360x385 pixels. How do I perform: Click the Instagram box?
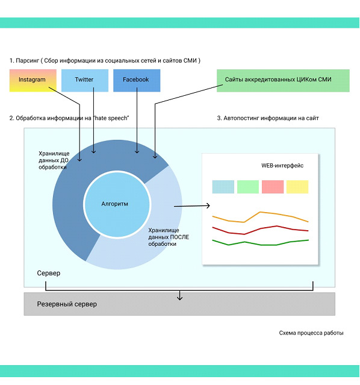[x=33, y=80]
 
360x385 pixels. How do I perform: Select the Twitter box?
[x=85, y=80]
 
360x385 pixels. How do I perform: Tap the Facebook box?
[x=137, y=80]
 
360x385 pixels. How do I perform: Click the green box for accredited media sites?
[x=283, y=81]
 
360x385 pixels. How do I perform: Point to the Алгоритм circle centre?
[x=117, y=204]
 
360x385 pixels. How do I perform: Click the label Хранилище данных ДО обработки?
[x=54, y=160]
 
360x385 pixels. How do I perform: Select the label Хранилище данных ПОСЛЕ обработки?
[x=169, y=237]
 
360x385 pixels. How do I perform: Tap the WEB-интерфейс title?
[x=282, y=166]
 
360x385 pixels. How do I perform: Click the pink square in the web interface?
[x=273, y=187]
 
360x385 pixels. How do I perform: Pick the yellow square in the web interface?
[x=297, y=187]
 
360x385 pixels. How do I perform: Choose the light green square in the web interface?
[x=248, y=187]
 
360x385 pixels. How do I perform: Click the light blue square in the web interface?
[x=223, y=187]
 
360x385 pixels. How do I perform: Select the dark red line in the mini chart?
[x=260, y=229]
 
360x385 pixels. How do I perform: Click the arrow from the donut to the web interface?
[x=192, y=206]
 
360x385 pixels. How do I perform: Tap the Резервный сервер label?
[x=67, y=304]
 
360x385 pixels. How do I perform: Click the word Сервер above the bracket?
[x=49, y=274]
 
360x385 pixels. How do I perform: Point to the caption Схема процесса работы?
[x=311, y=333]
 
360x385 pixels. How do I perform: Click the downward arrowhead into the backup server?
[x=179, y=298]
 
